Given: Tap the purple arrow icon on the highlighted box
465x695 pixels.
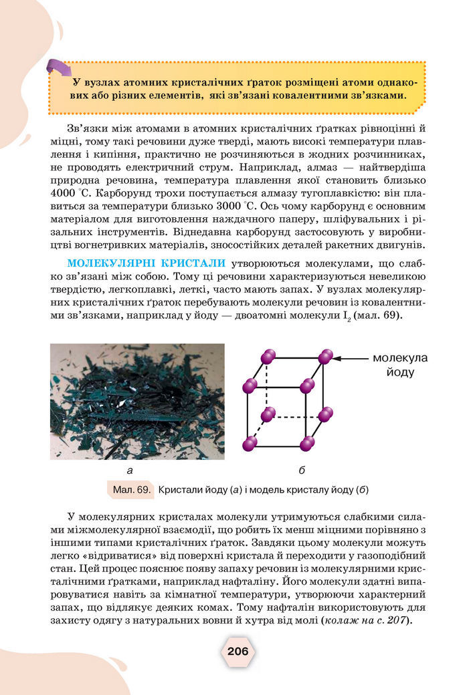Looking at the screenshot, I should click(x=59, y=68).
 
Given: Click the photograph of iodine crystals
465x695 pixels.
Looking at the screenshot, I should click(x=137, y=401).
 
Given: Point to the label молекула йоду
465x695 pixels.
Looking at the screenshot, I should click(x=400, y=365).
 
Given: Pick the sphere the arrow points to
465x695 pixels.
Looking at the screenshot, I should click(x=325, y=357).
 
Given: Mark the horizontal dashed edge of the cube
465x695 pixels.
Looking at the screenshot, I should click(x=296, y=416).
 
